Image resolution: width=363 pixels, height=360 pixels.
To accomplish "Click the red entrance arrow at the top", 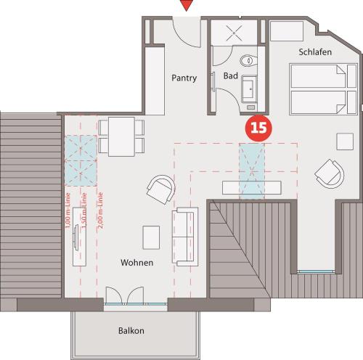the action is coord(187,4).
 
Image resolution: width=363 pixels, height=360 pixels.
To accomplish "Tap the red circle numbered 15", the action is coord(258,128).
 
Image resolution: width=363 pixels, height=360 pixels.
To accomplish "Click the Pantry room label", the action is coord(184,78).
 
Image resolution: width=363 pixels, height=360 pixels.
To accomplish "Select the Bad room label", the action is coord(231,75).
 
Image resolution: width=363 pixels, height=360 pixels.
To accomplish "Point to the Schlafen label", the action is coord(315,52).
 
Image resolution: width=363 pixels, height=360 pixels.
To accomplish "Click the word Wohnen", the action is coord(137,263).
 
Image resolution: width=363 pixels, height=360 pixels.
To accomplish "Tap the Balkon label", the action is coord(131,330).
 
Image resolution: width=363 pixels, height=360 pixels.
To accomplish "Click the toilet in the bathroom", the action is coord(248,60).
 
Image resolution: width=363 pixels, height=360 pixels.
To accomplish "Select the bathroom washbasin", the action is coord(249,89).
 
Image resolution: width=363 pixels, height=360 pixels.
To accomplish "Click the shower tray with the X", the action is coord(234,33).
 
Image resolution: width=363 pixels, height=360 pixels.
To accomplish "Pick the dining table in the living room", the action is coord(121,136).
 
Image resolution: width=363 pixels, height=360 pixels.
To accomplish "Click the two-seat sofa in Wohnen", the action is coord(185,237).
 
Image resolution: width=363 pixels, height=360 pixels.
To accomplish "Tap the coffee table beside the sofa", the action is coord(151,237).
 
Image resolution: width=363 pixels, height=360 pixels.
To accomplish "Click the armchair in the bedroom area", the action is coord(330,173).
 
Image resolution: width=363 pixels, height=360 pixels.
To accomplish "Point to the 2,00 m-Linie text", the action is coord(100,210).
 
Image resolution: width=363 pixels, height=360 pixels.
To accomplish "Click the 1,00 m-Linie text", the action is coord(68,210).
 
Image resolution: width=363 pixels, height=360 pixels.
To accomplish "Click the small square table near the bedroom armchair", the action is coord(345,142).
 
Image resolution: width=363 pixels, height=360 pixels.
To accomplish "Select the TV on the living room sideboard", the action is coord(76,237).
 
